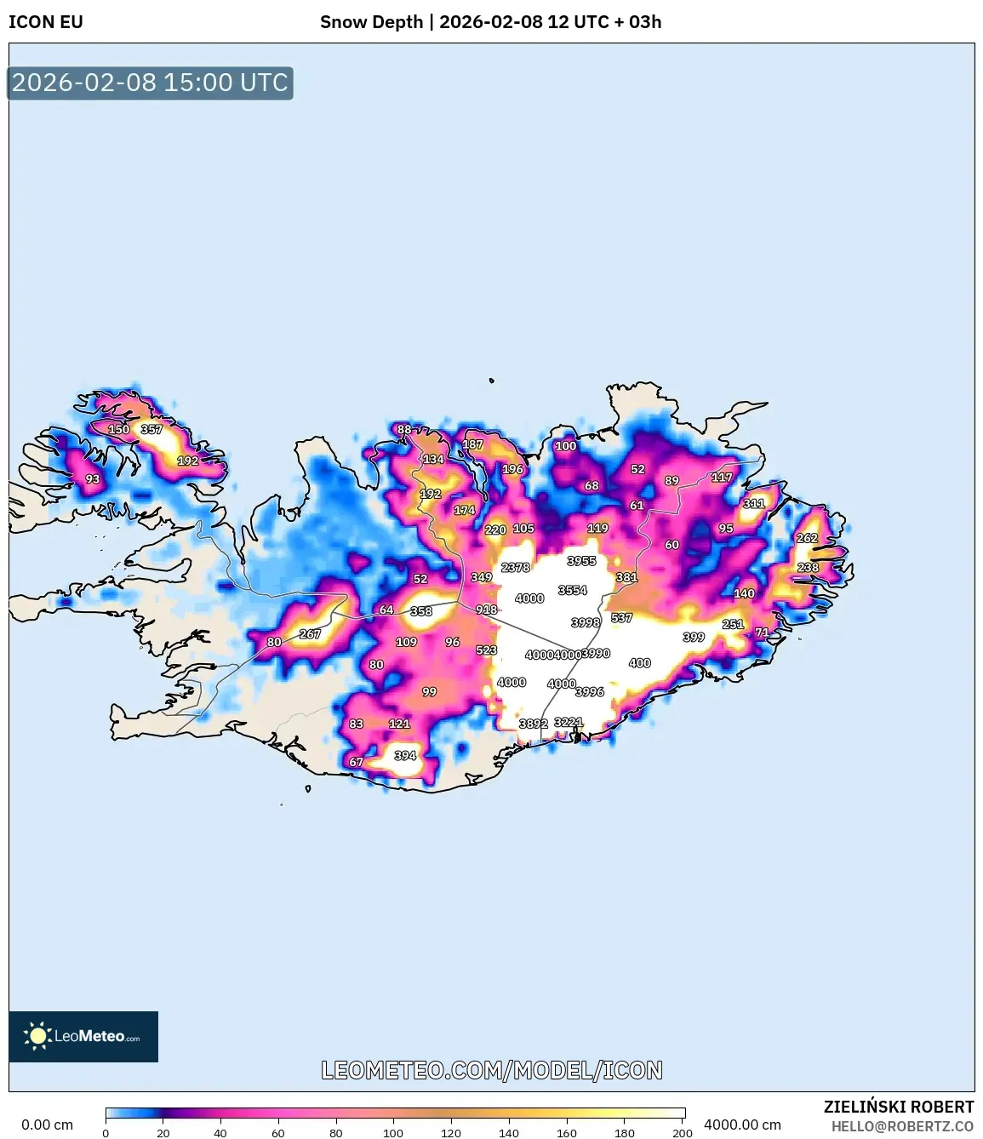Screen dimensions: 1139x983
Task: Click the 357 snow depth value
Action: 151,430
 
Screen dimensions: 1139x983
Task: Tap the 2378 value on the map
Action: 516,568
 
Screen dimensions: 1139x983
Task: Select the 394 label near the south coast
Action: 405,756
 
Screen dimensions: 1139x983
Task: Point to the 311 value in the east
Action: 753,504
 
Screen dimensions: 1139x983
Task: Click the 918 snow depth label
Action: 486,610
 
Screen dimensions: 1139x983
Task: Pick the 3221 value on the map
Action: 568,723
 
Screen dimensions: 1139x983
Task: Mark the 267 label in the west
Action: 310,634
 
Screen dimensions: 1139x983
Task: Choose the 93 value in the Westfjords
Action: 92,479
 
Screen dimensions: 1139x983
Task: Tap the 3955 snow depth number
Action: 581,561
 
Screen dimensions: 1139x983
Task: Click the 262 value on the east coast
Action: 807,538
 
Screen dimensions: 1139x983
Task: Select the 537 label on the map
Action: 621,618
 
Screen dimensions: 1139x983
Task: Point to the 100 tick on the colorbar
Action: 393,1133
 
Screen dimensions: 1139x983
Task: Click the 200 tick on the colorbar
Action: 682,1133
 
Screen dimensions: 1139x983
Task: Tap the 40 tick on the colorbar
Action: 220,1133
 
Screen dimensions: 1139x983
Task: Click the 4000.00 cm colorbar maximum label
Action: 742,1125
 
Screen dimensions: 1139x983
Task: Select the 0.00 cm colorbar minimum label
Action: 48,1125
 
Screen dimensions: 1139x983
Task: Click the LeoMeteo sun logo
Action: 37,1036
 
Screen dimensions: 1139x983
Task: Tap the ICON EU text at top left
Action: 46,22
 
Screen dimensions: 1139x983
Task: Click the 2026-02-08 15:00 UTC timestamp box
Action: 150,83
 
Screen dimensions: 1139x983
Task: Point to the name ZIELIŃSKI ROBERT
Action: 898,1107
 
